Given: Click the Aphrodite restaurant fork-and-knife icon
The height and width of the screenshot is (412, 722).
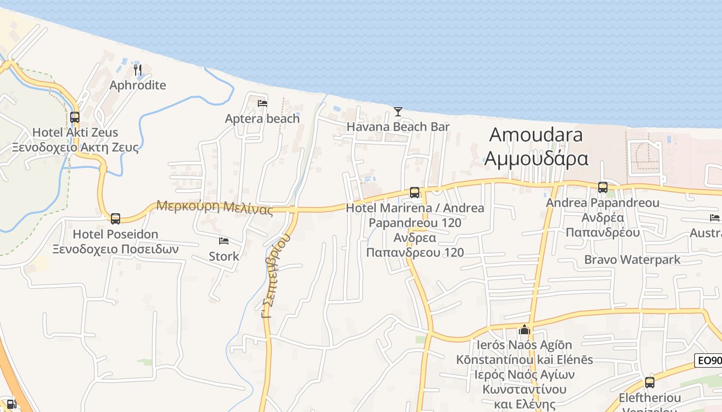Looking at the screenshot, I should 137,69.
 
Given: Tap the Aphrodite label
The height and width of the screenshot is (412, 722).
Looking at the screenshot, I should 138,85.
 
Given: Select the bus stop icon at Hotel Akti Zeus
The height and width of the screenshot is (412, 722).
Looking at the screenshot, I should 75,117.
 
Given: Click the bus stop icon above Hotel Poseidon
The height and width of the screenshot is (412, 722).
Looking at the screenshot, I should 116,218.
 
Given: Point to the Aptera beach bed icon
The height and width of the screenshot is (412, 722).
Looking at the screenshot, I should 262,104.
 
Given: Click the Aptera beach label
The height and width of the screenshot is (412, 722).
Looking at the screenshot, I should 262,118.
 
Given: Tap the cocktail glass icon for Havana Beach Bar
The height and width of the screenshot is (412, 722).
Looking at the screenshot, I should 398,111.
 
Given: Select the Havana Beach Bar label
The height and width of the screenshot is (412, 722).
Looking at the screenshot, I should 398,127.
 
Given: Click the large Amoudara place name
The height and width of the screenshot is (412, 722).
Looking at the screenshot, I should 536,135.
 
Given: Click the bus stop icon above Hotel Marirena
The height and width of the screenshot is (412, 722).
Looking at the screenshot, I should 415,193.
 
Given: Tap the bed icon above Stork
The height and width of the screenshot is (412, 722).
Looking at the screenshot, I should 224,241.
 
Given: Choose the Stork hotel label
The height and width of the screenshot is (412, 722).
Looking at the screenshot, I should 224,256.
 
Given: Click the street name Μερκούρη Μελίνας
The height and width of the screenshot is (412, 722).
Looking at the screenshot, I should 215,207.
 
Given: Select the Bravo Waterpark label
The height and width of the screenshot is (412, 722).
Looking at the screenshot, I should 632,260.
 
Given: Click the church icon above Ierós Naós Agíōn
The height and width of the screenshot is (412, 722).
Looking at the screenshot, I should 524,330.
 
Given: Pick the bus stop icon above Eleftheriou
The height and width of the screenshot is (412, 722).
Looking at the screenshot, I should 650,383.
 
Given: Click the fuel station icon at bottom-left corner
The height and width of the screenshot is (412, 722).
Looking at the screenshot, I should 11,405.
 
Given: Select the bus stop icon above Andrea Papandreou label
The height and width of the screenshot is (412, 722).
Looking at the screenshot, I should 602,187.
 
